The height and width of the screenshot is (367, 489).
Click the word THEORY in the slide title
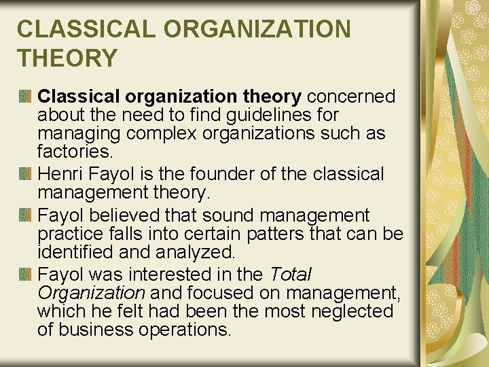click(x=67, y=58)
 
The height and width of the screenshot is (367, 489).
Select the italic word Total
click(x=290, y=275)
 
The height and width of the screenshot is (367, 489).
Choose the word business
click(x=91, y=329)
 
